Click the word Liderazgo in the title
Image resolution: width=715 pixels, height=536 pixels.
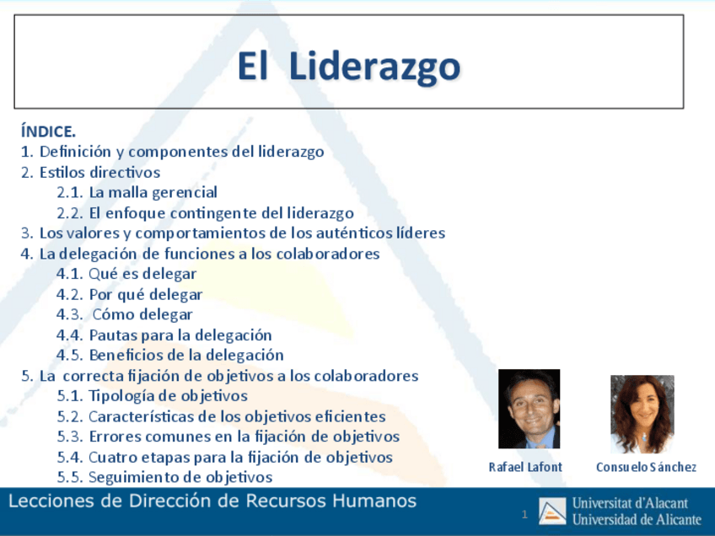click(374, 67)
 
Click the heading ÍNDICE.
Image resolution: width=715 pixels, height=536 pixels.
click(48, 131)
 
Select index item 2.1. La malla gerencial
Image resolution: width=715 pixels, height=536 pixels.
click(137, 192)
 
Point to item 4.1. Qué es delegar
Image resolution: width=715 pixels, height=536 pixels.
click(126, 274)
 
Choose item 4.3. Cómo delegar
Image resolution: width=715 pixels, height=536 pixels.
click(125, 314)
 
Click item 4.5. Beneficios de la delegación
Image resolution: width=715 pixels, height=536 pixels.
click(169, 355)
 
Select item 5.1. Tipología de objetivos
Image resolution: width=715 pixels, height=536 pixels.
click(152, 395)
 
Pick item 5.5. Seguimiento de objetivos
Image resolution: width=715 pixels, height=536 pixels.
click(164, 477)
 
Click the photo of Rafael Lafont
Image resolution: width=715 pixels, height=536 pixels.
click(529, 409)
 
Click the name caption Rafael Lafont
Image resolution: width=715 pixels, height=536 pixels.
click(525, 467)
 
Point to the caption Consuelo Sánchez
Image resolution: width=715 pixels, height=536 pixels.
click(646, 467)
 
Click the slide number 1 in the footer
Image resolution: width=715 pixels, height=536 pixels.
click(524, 514)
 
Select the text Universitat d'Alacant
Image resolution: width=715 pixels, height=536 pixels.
click(630, 503)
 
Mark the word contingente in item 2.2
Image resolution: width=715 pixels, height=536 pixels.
click(218, 213)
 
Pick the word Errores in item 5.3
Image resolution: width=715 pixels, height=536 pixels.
click(115, 437)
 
